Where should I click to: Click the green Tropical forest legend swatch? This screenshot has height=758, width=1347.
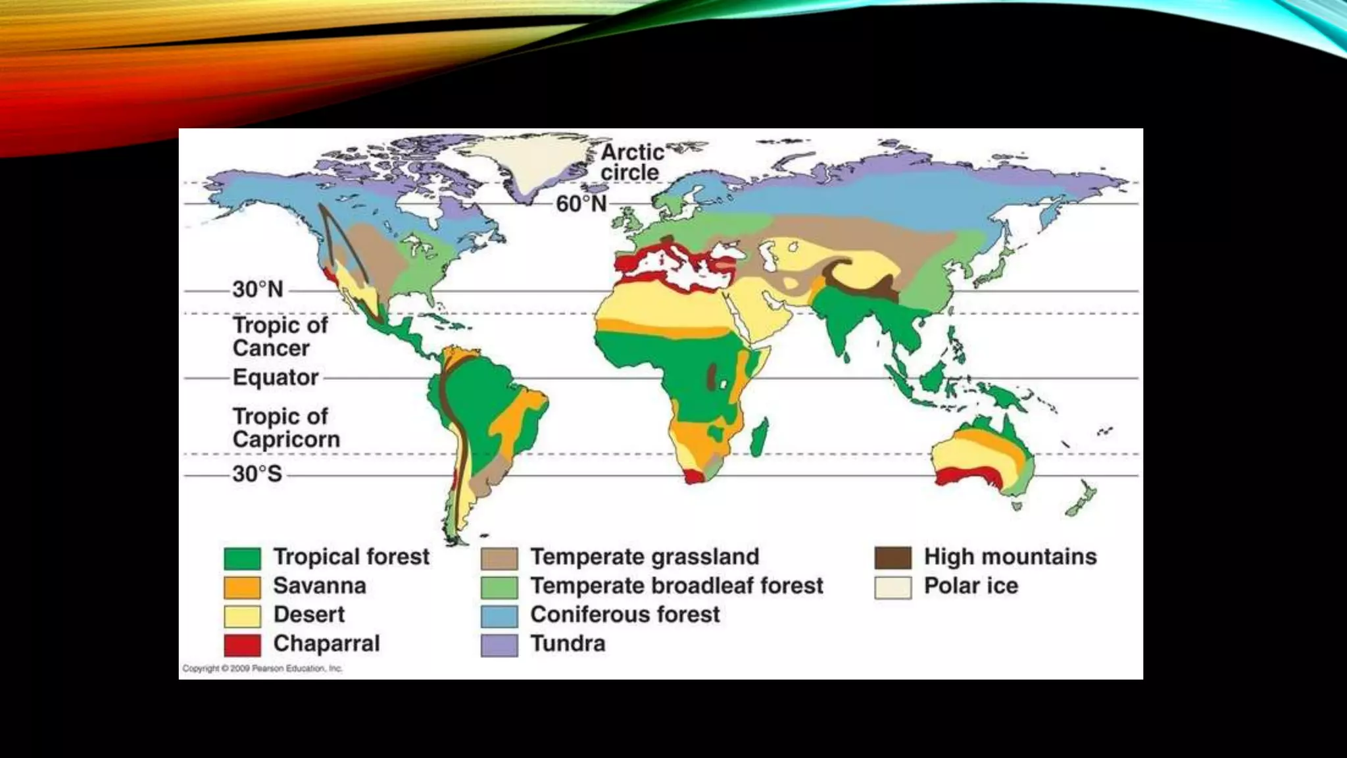(242, 558)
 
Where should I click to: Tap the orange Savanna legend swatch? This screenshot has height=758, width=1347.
(242, 587)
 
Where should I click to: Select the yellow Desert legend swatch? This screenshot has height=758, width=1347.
(242, 616)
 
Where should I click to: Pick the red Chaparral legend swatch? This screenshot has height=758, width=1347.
(242, 645)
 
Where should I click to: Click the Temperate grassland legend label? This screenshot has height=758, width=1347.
(645, 557)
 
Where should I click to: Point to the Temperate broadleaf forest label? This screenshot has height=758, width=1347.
(677, 586)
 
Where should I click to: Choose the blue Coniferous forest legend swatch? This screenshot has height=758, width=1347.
(499, 616)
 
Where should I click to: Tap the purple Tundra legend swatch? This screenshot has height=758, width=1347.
(499, 645)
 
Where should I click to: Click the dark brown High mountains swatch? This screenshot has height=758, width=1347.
(893, 558)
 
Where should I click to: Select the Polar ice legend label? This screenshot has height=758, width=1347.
(971, 586)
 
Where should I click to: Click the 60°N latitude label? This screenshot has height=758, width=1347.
(581, 204)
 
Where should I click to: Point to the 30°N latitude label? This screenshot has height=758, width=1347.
(258, 290)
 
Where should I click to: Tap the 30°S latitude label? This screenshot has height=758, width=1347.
(257, 474)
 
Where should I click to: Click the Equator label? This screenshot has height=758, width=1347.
(276, 378)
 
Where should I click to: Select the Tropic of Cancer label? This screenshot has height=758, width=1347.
(280, 336)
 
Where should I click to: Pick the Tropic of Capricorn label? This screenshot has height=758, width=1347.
(286, 428)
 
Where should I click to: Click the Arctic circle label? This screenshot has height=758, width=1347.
(631, 162)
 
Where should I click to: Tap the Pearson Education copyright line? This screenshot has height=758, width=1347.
(262, 669)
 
